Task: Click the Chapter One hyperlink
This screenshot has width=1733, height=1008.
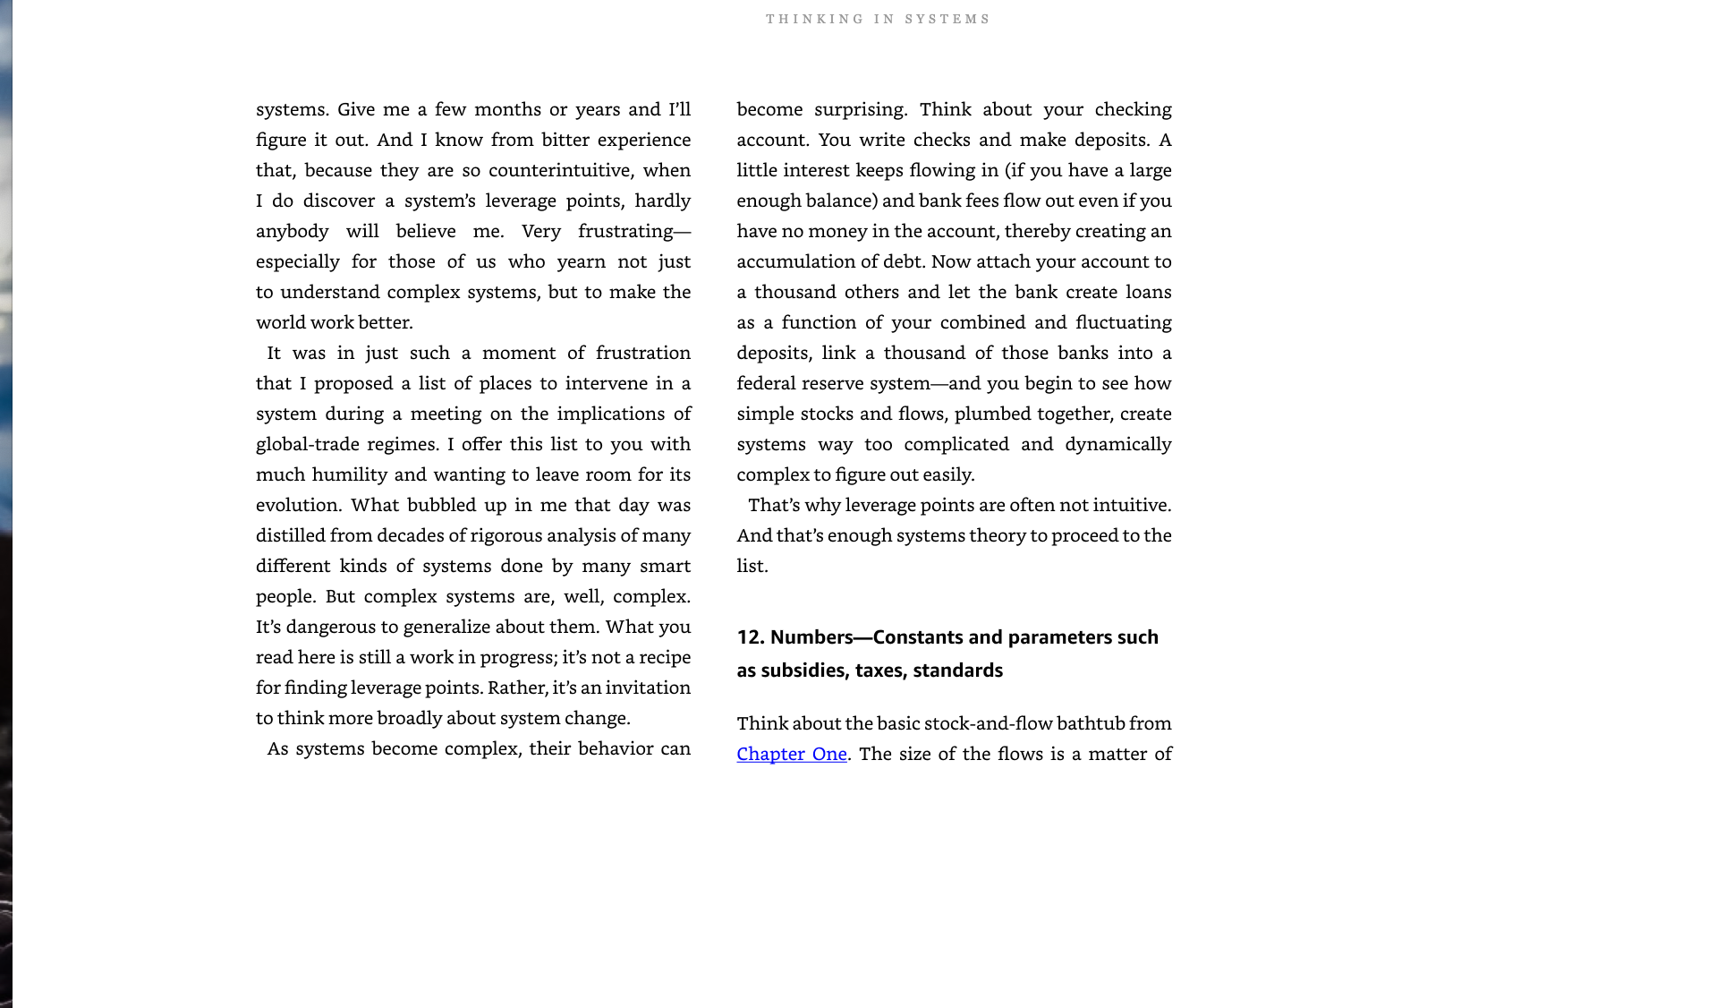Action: pyautogui.click(x=791, y=754)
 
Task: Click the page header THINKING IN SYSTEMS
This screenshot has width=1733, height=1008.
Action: pyautogui.click(x=878, y=19)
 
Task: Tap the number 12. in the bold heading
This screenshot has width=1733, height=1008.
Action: pyautogui.click(x=750, y=637)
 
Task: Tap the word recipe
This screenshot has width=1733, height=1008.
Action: pyautogui.click(x=663, y=657)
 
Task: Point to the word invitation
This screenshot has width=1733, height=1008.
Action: pyautogui.click(x=648, y=688)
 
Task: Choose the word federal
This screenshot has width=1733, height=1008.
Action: pyautogui.click(x=766, y=383)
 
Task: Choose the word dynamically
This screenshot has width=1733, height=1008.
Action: pyautogui.click(x=1117, y=444)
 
